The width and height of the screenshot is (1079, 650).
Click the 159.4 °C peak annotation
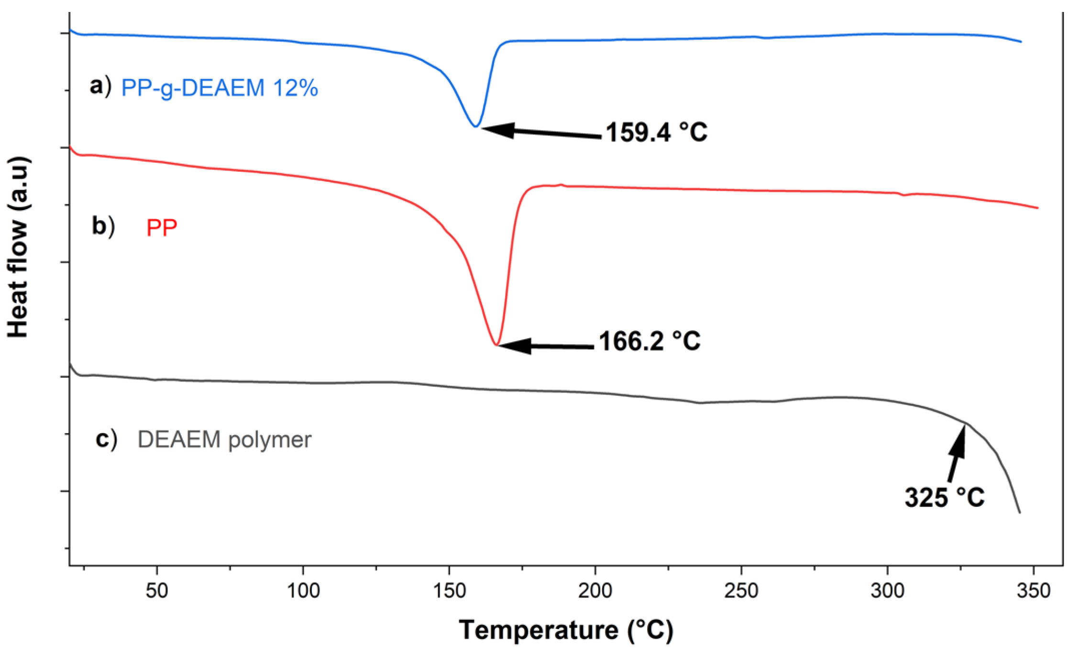pos(656,132)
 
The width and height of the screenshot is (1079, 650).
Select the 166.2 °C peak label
pos(650,342)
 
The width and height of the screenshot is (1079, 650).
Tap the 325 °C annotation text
pos(945,497)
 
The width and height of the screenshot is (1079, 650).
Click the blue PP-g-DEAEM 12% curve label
pos(220,88)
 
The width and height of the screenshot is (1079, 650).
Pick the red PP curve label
pos(162,228)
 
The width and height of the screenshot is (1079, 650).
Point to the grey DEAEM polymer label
pos(224,439)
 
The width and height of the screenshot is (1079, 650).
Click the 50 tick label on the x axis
pos(157,591)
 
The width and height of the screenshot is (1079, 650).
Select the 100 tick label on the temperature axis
pos(303,591)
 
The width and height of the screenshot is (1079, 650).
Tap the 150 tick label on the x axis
pos(449,591)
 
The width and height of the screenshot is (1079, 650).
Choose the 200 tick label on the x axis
pos(595,591)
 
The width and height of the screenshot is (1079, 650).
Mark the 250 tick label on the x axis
pos(741,591)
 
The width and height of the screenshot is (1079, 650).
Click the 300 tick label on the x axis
pos(887,591)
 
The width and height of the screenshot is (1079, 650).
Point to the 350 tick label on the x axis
pos(1033,591)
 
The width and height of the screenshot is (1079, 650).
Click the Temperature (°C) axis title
pos(566,630)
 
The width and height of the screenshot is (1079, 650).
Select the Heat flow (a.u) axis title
pos(19,247)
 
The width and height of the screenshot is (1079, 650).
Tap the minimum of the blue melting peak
pos(475,126)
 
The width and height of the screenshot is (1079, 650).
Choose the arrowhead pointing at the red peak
pos(514,346)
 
